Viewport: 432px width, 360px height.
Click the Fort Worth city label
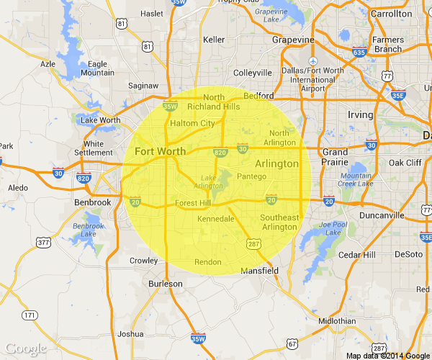click(x=160, y=151)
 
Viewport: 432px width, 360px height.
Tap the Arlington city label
click(x=276, y=163)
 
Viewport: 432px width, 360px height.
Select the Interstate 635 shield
click(x=359, y=52)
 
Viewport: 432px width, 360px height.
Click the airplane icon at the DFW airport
click(x=312, y=60)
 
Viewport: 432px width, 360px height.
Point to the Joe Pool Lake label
click(x=334, y=228)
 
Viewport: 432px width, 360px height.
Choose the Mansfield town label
click(x=259, y=271)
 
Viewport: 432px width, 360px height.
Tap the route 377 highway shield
click(x=43, y=243)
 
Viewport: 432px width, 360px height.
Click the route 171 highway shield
click(x=30, y=315)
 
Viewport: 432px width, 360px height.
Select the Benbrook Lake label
click(x=89, y=230)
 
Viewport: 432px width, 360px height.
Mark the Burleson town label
click(x=166, y=284)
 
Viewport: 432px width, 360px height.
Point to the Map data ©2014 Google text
click(x=387, y=355)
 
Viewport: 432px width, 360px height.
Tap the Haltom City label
click(x=192, y=123)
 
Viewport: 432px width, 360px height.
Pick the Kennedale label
click(x=216, y=217)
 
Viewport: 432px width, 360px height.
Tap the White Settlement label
click(x=93, y=148)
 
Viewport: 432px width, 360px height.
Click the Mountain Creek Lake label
click(x=356, y=180)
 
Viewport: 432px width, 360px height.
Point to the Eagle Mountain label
click(x=97, y=68)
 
